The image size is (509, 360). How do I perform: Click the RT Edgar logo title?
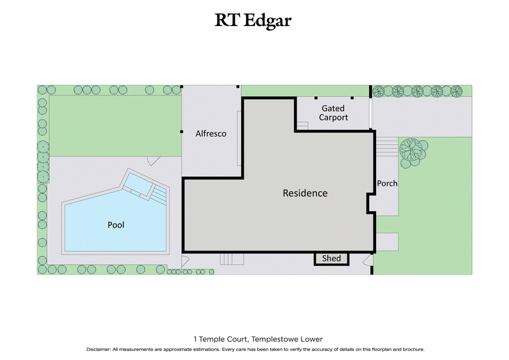click(254, 21)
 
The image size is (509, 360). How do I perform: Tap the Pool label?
click(115, 225)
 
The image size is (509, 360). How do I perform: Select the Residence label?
click(305, 193)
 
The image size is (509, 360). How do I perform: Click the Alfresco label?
click(211, 134)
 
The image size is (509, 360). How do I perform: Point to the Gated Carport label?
click(333, 113)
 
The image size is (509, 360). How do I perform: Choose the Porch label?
click(387, 183)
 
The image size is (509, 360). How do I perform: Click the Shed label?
click(331, 258)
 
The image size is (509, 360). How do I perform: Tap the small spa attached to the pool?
click(139, 184)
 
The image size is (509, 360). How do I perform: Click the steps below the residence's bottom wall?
click(232, 258)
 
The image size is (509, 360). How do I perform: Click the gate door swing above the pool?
click(151, 160)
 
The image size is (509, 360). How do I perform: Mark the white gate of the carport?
click(371, 113)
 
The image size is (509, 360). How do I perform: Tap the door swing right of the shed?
click(367, 261)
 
